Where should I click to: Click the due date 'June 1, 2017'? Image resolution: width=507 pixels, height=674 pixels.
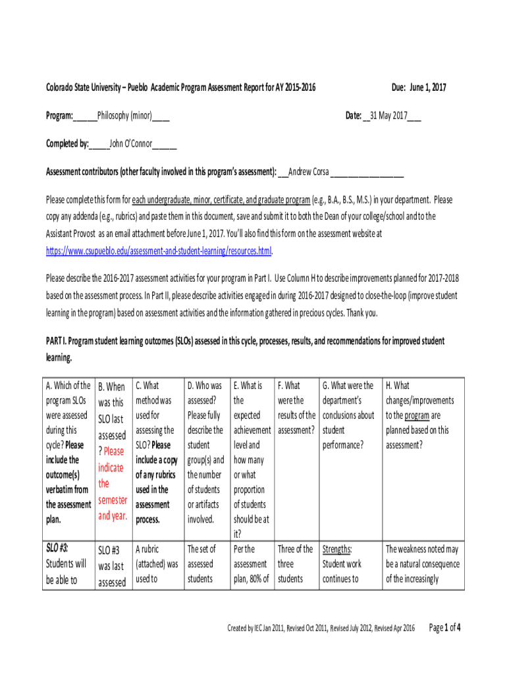tap(429, 87)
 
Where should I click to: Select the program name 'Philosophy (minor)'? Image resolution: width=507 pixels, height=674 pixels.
tap(124, 116)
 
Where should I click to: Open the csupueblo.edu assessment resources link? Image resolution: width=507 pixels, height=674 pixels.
tap(158, 251)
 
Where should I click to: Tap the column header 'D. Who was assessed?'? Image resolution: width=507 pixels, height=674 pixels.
tap(204, 386)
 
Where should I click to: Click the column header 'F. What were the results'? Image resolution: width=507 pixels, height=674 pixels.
tap(289, 386)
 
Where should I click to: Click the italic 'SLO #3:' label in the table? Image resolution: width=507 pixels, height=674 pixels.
tap(57, 549)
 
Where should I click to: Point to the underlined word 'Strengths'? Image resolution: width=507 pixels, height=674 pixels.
tap(336, 549)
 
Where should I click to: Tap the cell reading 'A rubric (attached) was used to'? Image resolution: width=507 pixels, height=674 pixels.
tap(156, 563)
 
